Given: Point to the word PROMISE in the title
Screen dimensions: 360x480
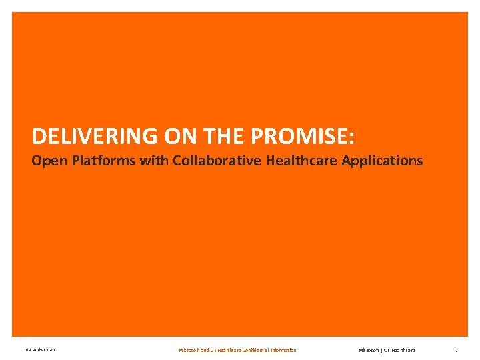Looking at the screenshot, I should pos(299,137).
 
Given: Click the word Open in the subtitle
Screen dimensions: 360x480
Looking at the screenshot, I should pos(45,161).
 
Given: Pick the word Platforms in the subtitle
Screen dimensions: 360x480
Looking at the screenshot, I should pos(93,161).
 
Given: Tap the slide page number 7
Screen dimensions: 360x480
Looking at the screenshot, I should pos(456,350).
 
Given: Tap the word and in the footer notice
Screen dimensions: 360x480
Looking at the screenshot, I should pos(205,350).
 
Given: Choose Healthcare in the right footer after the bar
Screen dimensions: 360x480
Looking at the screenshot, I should pos(403,350).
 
